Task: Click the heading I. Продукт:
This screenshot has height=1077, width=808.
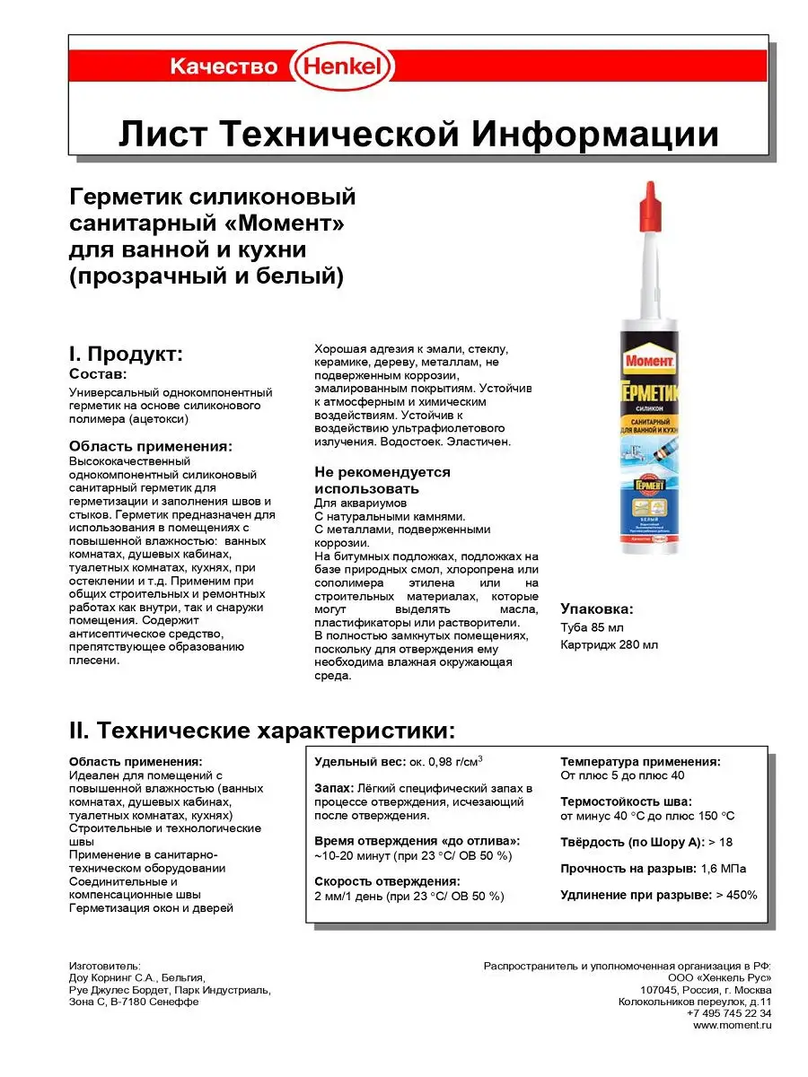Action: point(126,354)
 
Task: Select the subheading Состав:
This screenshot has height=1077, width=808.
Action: point(98,373)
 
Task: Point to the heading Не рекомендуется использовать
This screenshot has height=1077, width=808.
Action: point(382,480)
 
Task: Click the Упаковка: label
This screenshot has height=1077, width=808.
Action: point(597,608)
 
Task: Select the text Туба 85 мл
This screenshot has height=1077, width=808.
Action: point(592,626)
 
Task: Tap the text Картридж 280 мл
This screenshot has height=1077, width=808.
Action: point(609,644)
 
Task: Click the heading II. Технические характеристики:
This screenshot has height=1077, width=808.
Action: point(256,727)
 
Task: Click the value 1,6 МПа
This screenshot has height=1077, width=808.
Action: point(723,869)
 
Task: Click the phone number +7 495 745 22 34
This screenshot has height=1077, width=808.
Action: point(729,1012)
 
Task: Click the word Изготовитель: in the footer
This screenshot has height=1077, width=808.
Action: point(105,966)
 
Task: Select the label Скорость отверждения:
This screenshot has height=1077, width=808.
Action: point(387,881)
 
